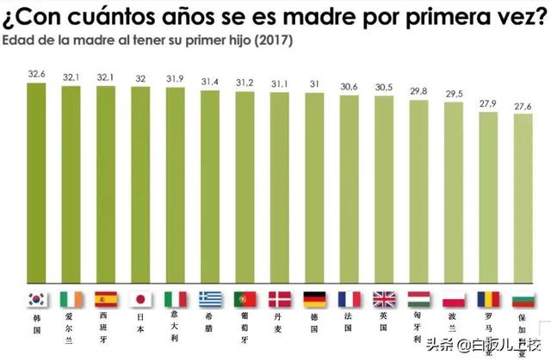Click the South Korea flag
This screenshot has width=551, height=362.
pos(36,299)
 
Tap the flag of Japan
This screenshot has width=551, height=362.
pos(140,299)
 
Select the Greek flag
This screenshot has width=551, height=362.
pos(210,299)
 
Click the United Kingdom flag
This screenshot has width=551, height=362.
pos(383,299)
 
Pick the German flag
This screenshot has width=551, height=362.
pos(313,299)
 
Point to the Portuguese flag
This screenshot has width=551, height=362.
pos(245,299)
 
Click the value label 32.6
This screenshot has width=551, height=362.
pos(36,75)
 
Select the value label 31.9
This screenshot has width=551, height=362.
pos(175,79)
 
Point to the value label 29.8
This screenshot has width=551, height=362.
pos(418,91)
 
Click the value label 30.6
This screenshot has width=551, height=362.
pos(349,86)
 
